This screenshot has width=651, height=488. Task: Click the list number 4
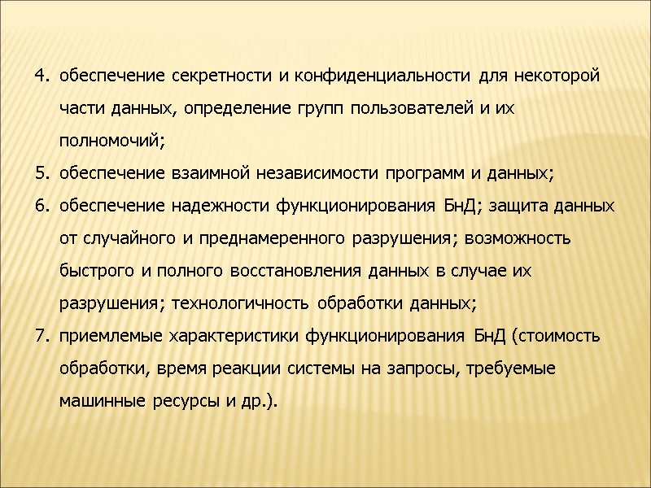click(41, 77)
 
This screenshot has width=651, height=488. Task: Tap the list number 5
click(41, 174)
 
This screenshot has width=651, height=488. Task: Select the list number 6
click(41, 207)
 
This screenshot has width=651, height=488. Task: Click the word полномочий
click(111, 142)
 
